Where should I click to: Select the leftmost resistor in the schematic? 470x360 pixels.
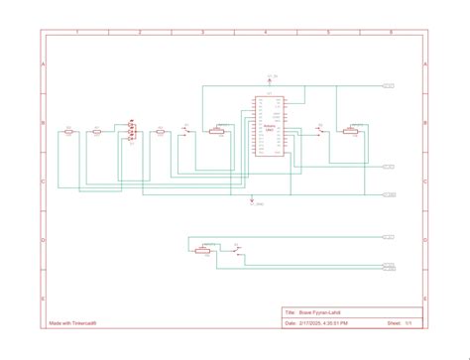click(x=69, y=130)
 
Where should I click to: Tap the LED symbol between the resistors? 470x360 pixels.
click(x=130, y=131)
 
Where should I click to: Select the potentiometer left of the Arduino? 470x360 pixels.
click(x=217, y=131)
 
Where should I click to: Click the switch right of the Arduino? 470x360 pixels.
click(x=319, y=131)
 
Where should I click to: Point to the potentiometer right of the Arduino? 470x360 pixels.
click(x=348, y=131)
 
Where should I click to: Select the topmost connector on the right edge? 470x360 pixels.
click(x=389, y=86)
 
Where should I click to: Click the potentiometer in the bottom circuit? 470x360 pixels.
click(x=203, y=251)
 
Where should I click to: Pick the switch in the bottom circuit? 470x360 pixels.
click(x=235, y=250)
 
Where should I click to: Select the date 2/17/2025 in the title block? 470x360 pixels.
click(x=308, y=322)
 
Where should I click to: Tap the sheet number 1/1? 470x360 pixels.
click(x=407, y=322)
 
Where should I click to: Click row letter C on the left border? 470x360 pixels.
click(x=43, y=181)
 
